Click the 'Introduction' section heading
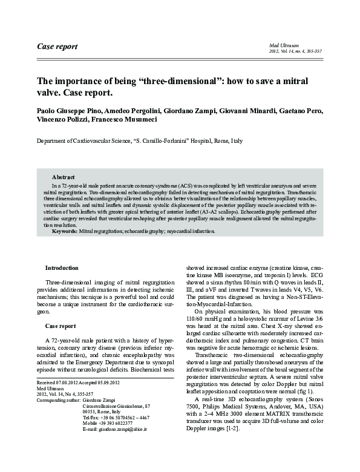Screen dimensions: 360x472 62,267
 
